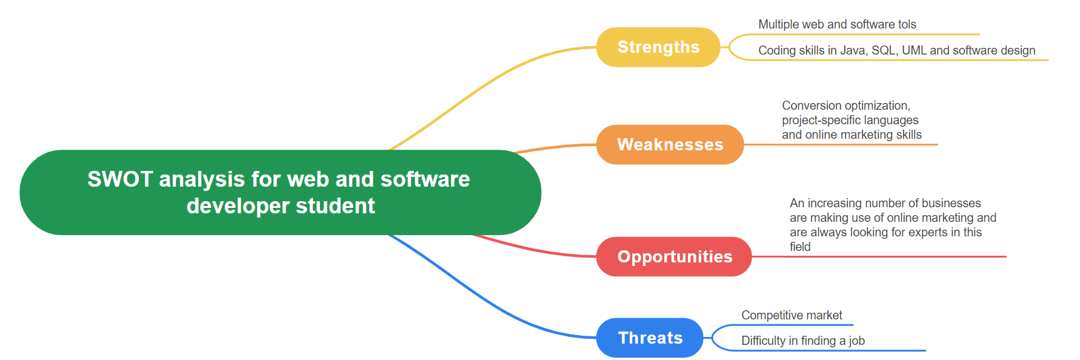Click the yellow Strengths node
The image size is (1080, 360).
point(658,47)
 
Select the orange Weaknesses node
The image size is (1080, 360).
point(670,145)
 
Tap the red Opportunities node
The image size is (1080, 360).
point(674,257)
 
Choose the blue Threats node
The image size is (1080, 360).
point(650,338)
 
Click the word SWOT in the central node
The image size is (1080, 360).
point(120,179)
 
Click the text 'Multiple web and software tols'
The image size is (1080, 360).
point(837,24)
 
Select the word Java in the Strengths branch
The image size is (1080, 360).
point(853,50)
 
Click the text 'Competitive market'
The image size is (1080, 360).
point(792,315)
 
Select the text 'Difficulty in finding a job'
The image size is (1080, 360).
point(803,341)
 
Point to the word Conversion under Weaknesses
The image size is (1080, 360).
point(810,105)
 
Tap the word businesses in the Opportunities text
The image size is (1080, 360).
point(951,203)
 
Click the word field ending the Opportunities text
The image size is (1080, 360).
point(800,247)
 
